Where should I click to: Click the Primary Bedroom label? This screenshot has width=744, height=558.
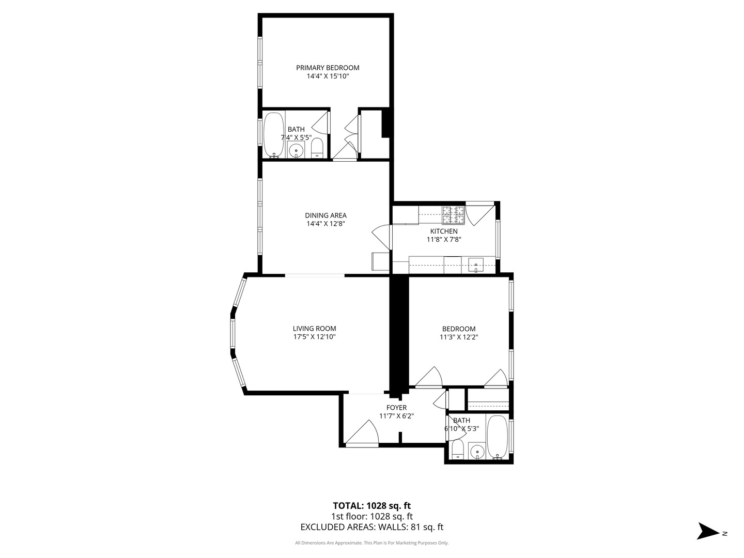click(328, 68)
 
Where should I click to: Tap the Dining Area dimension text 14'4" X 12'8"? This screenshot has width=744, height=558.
click(326, 224)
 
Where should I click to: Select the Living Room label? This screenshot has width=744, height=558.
click(314, 328)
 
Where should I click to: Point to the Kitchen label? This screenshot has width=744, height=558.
click(444, 231)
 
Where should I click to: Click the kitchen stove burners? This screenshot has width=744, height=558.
click(453, 215)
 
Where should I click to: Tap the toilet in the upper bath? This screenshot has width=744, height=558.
click(317, 148)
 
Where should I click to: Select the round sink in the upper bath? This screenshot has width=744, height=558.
click(296, 150)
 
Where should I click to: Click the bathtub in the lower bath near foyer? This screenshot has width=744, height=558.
click(497, 438)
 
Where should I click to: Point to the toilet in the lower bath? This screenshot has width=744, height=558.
click(458, 450)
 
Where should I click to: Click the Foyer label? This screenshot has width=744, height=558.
click(396, 408)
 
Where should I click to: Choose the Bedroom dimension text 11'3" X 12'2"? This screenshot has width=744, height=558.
click(459, 337)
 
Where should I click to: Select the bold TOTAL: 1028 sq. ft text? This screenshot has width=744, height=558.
click(372, 506)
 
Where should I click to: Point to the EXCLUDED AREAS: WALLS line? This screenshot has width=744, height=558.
click(372, 527)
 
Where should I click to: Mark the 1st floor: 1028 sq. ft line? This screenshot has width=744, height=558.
click(372, 517)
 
